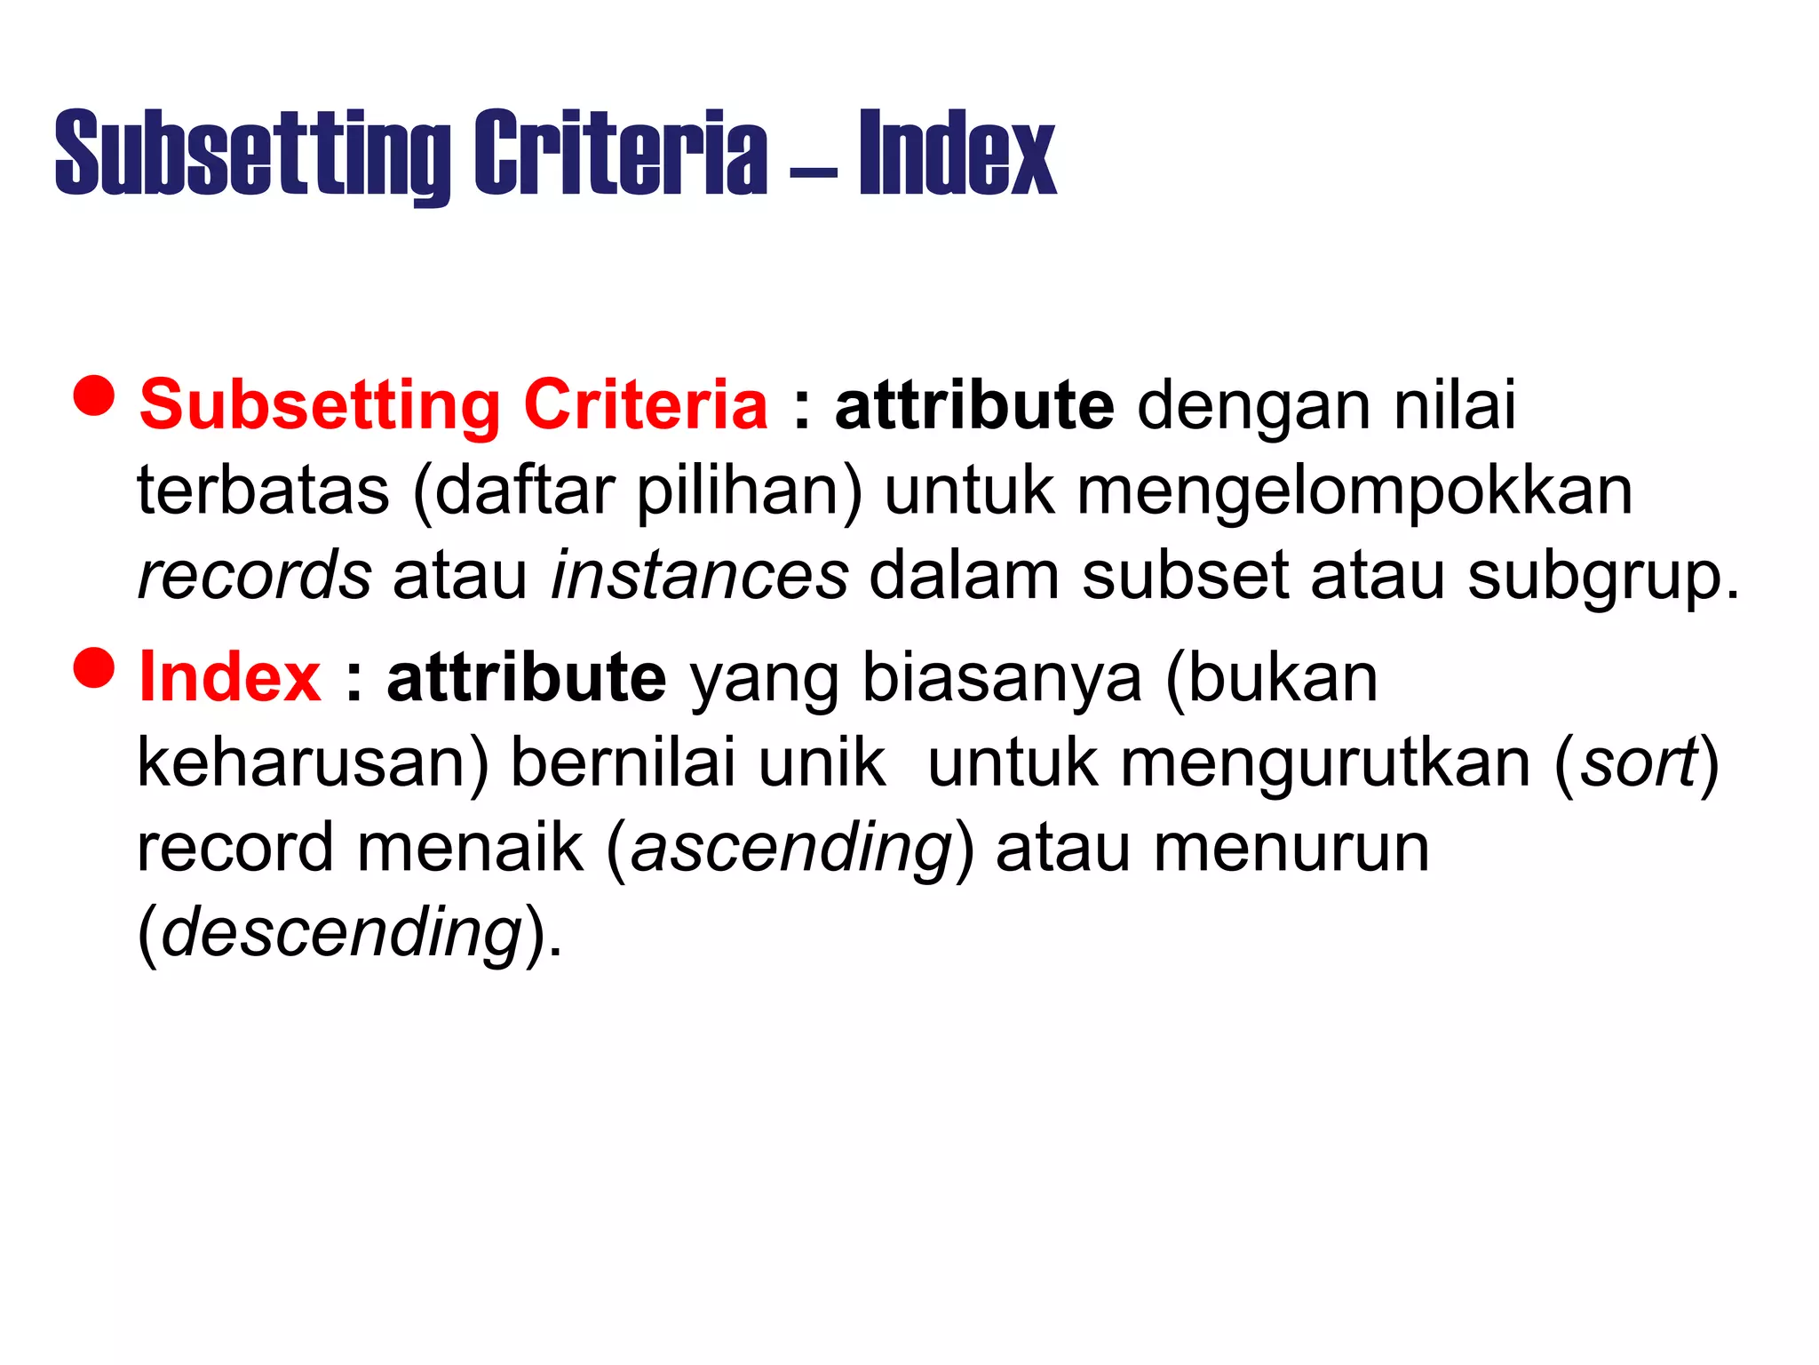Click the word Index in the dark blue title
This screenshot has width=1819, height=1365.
957,153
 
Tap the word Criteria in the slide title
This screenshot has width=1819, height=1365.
620,153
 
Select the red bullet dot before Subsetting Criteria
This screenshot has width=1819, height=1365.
94,395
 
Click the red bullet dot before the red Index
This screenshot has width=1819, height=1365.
94,668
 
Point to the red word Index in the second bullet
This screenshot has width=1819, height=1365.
230,678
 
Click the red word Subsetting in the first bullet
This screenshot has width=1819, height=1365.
320,406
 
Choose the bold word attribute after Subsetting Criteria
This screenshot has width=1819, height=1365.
974,405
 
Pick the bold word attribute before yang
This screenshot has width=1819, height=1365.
527,678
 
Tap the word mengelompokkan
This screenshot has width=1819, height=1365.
1354,491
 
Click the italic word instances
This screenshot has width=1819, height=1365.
700,576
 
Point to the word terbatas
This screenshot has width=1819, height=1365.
263,491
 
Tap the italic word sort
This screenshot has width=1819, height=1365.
1639,762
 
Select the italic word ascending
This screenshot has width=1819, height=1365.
791,849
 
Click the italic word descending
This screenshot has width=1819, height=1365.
341,933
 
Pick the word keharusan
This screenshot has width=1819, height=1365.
302,762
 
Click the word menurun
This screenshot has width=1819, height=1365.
1291,848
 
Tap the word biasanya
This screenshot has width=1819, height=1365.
1002,678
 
